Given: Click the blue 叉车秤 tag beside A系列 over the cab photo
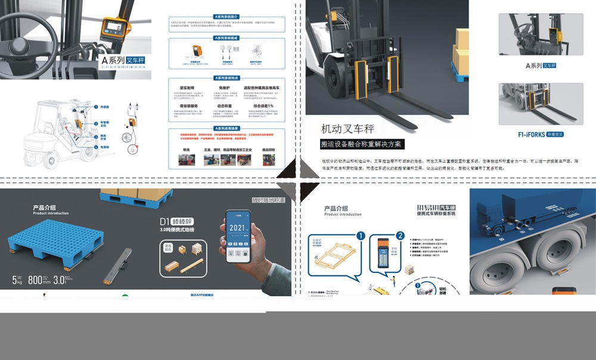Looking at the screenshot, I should pyautogui.click(x=136, y=60).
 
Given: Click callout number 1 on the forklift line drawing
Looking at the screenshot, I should pyautogui.click(x=95, y=107).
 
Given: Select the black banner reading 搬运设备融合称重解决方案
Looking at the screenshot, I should pyautogui.click(x=362, y=144).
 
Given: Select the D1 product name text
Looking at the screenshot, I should pyautogui.click(x=165, y=221).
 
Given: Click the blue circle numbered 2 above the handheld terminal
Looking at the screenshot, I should pyautogui.click(x=400, y=236).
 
